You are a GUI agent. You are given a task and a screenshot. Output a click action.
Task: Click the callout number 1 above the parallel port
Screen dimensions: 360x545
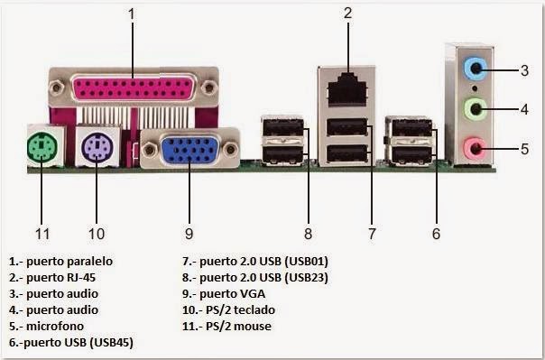(x=132, y=14)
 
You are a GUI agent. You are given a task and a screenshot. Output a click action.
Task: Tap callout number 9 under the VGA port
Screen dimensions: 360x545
(x=189, y=234)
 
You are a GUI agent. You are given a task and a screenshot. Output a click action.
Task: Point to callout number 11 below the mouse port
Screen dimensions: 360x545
(x=42, y=234)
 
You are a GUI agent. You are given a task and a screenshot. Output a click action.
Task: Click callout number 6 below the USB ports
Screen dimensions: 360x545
(x=436, y=234)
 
